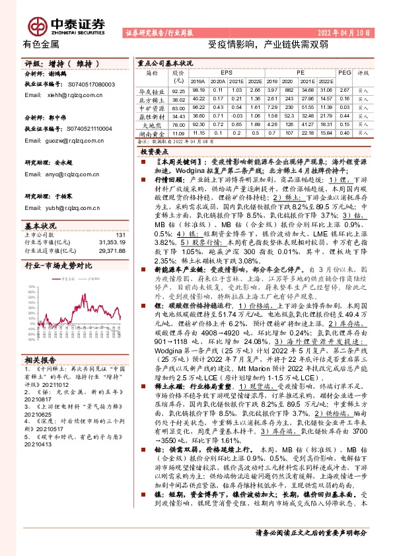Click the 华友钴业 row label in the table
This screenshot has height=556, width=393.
(x=151, y=91)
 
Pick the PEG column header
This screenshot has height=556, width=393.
(x=343, y=73)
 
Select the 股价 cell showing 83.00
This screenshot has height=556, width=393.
(x=177, y=108)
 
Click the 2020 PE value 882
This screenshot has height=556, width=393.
(x=270, y=91)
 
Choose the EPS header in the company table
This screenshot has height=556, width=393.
(x=227, y=73)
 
